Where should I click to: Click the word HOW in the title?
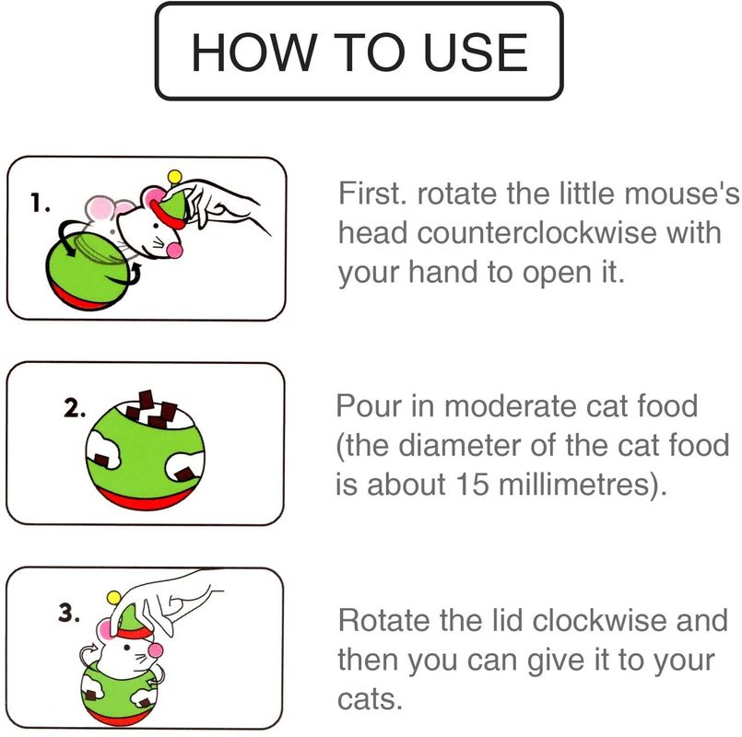pyautogui.click(x=253, y=52)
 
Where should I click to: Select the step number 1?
pyautogui.click(x=40, y=204)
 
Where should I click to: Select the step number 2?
pyautogui.click(x=75, y=408)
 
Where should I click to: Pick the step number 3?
pyautogui.click(x=69, y=613)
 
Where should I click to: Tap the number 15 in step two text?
pyautogui.click(x=472, y=484)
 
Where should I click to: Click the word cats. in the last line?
pyautogui.click(x=370, y=698)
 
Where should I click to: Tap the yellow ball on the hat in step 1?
pyautogui.click(x=174, y=177)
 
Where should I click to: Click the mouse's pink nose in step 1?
pyautogui.click(x=174, y=251)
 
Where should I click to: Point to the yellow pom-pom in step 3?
pyautogui.click(x=113, y=598)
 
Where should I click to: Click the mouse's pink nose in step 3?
pyautogui.click(x=155, y=650)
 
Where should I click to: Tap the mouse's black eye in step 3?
pyautogui.click(x=126, y=647)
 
